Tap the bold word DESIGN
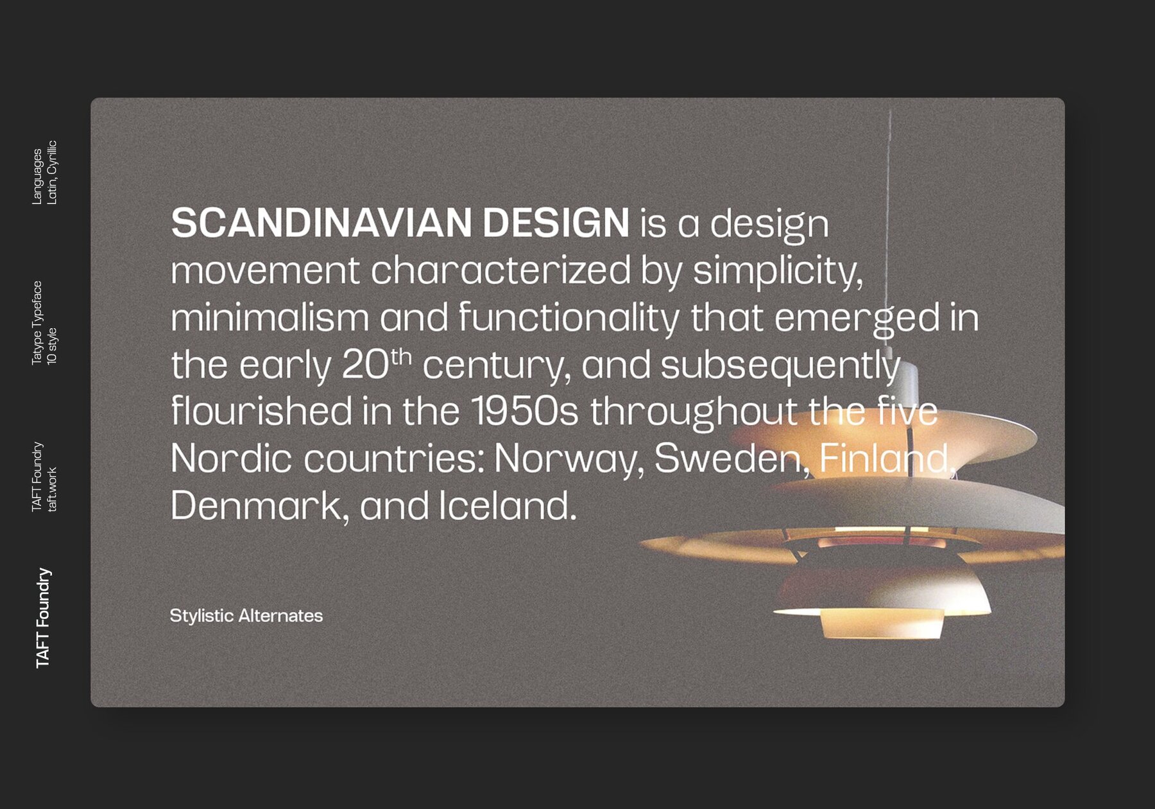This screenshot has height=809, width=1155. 556,223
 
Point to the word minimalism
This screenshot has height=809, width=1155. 270,317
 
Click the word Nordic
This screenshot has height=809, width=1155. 232,458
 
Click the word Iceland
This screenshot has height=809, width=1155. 508,505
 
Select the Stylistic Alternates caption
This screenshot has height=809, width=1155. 246,616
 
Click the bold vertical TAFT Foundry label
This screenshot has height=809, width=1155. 43,618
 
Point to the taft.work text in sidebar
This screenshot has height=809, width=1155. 52,489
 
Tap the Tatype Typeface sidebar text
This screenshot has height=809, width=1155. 37,322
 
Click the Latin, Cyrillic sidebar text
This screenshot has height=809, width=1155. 51,172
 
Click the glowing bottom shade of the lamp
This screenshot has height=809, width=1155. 882,623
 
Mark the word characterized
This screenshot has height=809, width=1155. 501,270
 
